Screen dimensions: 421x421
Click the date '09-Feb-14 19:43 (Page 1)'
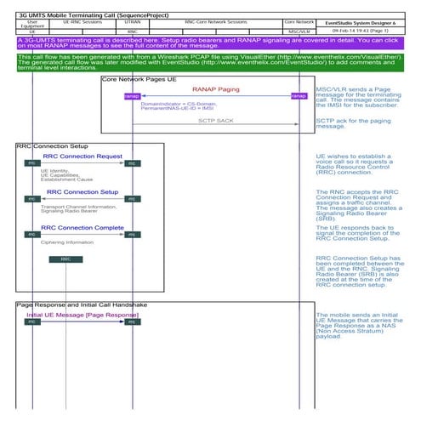click(368, 30)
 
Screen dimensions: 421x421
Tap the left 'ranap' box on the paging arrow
click(133, 96)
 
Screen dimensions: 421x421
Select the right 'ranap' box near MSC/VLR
click(299, 96)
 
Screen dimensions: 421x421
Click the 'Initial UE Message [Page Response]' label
click(82, 315)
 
